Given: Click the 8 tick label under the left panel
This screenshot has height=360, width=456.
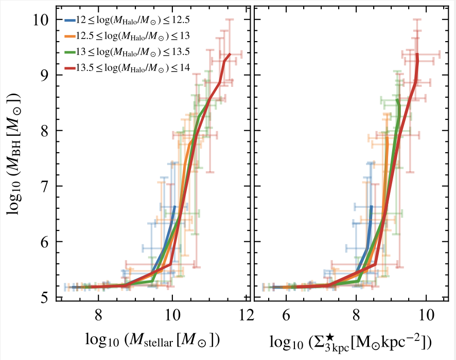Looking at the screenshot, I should coord(98,314).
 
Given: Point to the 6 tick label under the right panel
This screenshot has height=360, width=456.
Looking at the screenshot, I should coord(287,314).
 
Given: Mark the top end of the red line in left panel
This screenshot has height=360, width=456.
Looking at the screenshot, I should coord(230,53).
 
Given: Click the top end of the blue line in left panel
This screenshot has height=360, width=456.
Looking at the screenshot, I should coord(175,206).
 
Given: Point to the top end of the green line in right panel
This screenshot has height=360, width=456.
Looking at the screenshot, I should coord(397,100).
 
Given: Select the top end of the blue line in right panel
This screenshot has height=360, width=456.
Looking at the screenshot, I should coord(371,206).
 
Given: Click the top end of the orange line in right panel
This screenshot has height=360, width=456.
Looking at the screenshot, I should coord(387,136).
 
